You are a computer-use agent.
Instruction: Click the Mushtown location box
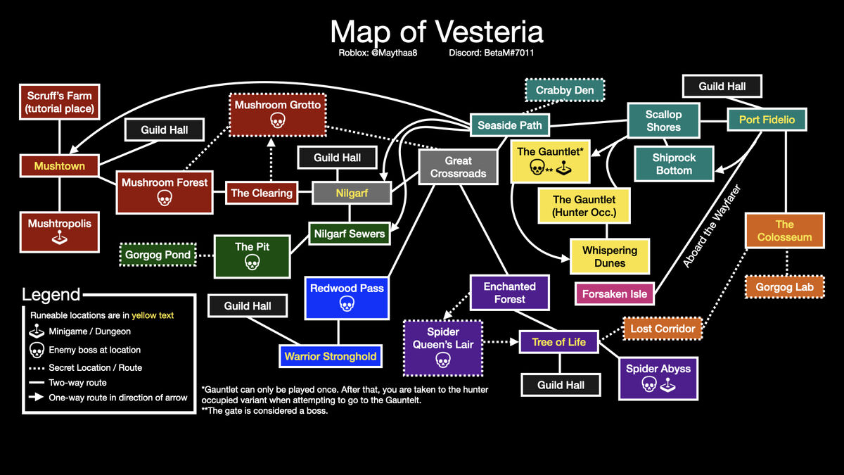(x=60, y=165)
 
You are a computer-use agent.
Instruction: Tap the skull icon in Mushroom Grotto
(x=278, y=120)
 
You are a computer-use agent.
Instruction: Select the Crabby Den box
(x=565, y=90)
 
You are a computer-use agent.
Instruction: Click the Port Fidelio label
(x=767, y=120)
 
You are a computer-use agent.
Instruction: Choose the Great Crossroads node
(x=458, y=167)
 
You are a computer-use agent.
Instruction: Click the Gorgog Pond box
(x=158, y=255)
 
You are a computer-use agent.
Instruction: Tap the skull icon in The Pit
(x=252, y=262)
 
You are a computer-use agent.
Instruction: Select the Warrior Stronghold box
(x=331, y=356)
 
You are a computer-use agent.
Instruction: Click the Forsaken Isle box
(x=615, y=293)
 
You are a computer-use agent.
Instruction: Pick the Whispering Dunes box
(x=610, y=256)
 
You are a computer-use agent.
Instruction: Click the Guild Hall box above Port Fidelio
(x=722, y=87)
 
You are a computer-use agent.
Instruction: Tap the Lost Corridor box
(x=663, y=329)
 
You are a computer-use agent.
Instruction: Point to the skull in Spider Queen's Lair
(x=443, y=360)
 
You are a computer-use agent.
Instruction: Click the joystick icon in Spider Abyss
(x=667, y=385)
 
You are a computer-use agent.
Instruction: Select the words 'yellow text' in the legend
(x=153, y=315)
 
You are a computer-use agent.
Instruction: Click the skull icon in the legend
(x=37, y=350)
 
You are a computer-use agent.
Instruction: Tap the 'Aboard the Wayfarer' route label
(x=711, y=226)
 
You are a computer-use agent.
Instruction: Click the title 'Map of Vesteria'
(x=437, y=32)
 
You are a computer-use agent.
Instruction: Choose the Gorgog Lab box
(x=784, y=287)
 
